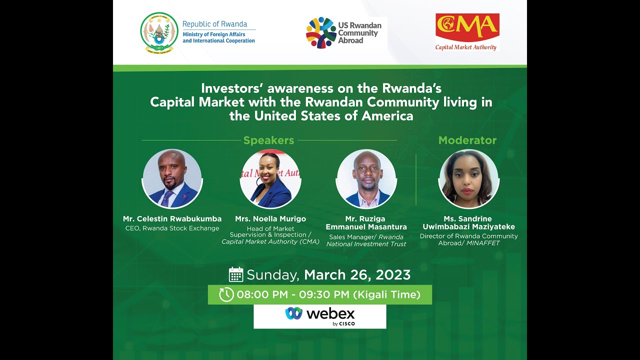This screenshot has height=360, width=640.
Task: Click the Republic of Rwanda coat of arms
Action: click(159, 32)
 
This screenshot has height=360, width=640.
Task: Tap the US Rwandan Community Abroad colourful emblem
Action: click(321, 32)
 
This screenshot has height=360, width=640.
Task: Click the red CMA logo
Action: click(467, 27)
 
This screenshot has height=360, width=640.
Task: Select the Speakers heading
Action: click(268, 140)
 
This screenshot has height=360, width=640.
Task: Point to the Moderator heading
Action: click(467, 140)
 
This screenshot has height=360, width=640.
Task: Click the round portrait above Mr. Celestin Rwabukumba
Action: click(172, 178)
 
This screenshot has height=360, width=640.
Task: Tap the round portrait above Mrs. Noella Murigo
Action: click(270, 178)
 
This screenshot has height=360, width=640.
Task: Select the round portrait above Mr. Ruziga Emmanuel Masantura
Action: click(366, 178)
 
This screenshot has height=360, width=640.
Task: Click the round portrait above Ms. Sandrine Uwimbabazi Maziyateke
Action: click(469, 178)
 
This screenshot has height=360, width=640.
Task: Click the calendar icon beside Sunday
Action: click(236, 274)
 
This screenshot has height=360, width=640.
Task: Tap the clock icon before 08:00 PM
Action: click(226, 294)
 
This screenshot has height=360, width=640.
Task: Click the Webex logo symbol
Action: click(294, 313)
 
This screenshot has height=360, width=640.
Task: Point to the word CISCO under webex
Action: click(347, 323)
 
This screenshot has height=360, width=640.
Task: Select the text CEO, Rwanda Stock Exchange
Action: click(172, 228)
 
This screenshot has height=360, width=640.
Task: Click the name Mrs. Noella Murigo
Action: click(270, 219)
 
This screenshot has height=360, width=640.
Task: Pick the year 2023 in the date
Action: click(392, 275)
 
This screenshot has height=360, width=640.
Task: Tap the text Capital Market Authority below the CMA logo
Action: click(466, 47)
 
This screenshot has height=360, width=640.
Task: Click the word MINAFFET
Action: click(483, 243)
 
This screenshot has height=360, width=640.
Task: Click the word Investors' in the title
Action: click(232, 88)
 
